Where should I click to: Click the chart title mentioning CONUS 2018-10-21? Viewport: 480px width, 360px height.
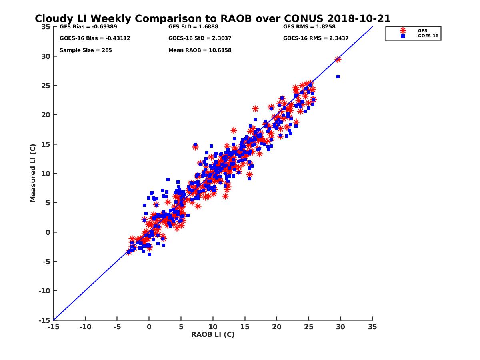point(212,19)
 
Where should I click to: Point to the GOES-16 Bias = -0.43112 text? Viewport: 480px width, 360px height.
point(95,38)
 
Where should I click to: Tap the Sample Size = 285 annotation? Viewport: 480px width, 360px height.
point(86,50)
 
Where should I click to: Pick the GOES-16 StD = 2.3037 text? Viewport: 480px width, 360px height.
point(200,38)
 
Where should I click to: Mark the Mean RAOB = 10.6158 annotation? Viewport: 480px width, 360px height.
point(200,50)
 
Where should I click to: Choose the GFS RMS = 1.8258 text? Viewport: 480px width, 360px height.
point(309,27)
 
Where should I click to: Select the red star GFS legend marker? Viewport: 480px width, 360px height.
point(403,30)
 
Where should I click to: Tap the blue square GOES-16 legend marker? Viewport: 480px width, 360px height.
point(403,36)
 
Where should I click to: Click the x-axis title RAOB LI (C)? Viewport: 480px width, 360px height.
point(213,334)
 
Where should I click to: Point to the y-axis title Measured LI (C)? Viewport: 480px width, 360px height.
point(33,173)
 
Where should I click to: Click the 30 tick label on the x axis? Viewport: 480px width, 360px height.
point(340,327)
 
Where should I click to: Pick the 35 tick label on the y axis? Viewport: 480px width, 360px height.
point(46,27)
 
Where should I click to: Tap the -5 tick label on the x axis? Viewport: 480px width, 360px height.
point(117,327)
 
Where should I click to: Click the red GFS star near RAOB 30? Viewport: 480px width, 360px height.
point(338,59)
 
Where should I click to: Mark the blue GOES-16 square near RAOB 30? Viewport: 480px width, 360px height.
point(338,77)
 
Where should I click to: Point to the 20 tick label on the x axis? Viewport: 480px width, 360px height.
point(276,327)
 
